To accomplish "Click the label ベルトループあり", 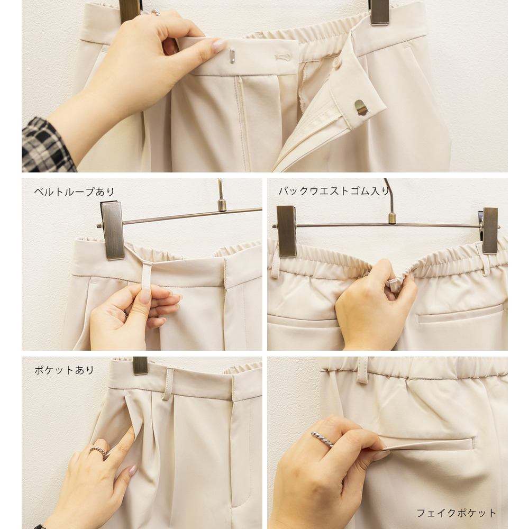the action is (x=74, y=191).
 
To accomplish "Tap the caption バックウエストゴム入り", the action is (x=334, y=191).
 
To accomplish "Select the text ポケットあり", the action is (x=64, y=370).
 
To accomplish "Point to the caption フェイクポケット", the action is (x=456, y=513).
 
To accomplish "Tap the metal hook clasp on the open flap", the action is (x=360, y=107).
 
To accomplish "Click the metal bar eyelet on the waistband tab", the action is (x=232, y=56).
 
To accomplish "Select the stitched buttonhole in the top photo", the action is (x=282, y=57).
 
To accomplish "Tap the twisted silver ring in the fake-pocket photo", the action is (x=322, y=439).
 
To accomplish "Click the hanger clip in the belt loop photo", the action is (x=112, y=231).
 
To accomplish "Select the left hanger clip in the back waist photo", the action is (x=286, y=231).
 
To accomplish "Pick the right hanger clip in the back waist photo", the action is (x=489, y=231).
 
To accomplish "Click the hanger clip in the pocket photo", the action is (x=140, y=366).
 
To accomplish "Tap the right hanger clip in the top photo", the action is (x=379, y=12).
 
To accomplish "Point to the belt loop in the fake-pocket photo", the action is (x=363, y=370).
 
